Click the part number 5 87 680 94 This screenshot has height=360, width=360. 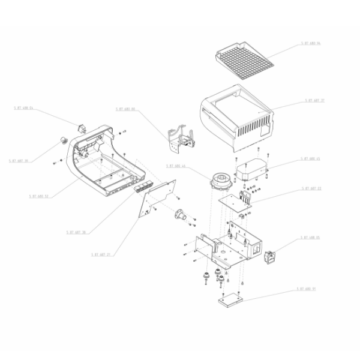(310, 44)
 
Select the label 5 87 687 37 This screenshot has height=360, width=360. (314, 100)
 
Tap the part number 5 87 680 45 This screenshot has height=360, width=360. (310, 159)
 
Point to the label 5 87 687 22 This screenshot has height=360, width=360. (310, 188)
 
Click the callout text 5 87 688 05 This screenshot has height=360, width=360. (310, 238)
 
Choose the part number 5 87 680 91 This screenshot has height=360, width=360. (305, 289)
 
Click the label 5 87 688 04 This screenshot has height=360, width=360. (23, 109)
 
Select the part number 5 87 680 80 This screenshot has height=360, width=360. (125, 109)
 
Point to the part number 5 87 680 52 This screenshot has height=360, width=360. (38, 196)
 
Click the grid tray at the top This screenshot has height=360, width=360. (243, 59)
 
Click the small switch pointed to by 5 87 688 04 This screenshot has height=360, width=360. (82, 126)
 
